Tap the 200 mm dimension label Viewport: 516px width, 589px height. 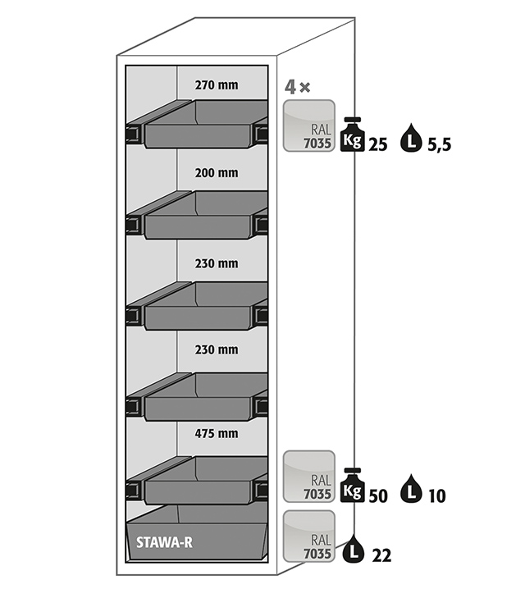tap(217, 173)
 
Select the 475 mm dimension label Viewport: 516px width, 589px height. tap(217, 433)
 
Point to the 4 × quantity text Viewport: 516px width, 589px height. tap(297, 87)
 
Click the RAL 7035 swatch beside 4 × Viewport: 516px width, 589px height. tap(308, 126)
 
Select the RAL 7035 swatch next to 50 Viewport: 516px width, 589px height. tap(308, 477)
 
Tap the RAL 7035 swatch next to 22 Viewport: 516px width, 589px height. tap(308, 536)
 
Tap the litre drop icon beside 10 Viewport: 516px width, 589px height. tap(410, 492)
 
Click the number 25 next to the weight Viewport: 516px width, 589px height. tap(378, 144)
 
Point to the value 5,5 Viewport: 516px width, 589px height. tap(440, 145)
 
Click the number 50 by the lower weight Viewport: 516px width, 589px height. tap(378, 495)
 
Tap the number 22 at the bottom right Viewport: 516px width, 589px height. tap(380, 555)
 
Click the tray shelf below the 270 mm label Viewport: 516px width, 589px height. tap(201, 125)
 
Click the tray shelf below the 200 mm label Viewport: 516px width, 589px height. tap(201, 215)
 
